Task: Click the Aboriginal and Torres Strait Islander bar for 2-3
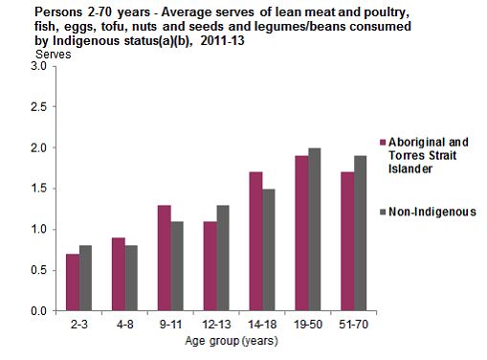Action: pos(73,282)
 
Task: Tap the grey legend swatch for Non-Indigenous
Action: pos(382,212)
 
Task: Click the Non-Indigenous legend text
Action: pos(433,212)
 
